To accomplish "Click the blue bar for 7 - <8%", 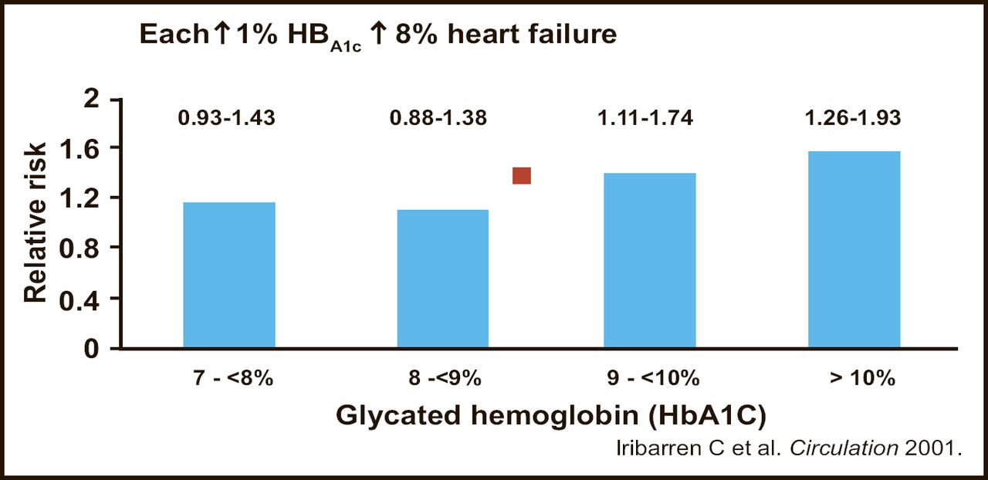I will pos(229,275).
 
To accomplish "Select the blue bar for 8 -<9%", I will pos(443,279).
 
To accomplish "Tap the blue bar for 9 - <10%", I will pos(650,260).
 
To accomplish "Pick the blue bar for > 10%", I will pos(854,249).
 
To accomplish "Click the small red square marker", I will pos(522,176).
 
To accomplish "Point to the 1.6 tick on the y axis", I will pos(80,147).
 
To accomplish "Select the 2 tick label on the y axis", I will pos(93,98).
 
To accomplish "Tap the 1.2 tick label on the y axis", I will pos(80,198).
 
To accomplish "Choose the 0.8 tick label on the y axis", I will pos(80,248).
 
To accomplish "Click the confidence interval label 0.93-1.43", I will pos(226,119).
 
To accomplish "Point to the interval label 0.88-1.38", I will pos(438,119).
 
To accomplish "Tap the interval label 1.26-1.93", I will pos(852,119).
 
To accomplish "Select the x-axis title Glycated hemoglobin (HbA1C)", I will pos(550,415).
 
